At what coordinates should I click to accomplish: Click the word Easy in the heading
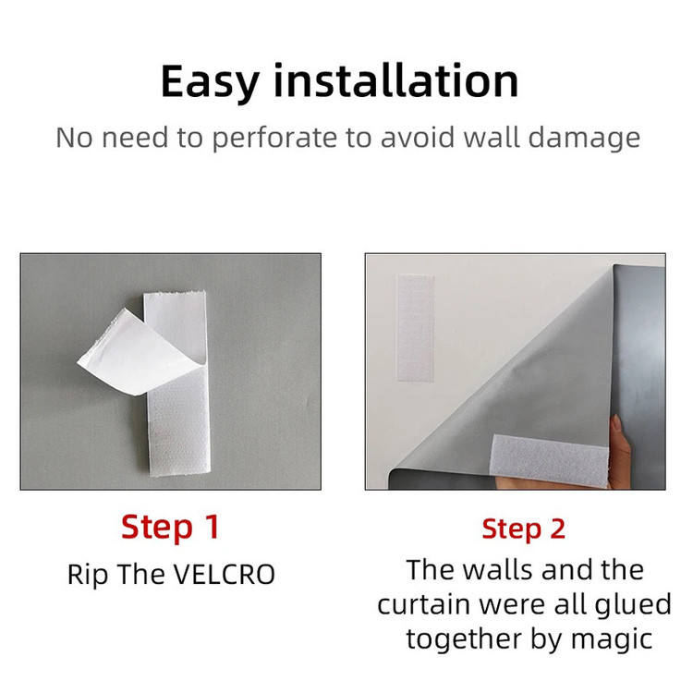click(x=210, y=82)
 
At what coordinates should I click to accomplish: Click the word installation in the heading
click(x=396, y=80)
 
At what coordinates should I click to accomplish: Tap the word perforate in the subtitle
click(x=274, y=138)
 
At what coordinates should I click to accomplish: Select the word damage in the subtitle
click(x=584, y=139)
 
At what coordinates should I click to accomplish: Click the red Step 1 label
click(x=170, y=528)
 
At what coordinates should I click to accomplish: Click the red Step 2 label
click(x=523, y=529)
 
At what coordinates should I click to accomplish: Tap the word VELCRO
click(x=224, y=575)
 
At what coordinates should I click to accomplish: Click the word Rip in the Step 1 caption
click(x=88, y=576)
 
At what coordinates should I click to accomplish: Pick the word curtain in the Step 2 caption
click(x=423, y=604)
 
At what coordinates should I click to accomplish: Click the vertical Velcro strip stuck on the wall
click(x=415, y=327)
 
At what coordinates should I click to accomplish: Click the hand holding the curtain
click(x=621, y=448)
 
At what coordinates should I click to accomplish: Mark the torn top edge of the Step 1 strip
click(x=175, y=294)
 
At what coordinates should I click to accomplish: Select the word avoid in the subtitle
click(x=418, y=137)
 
